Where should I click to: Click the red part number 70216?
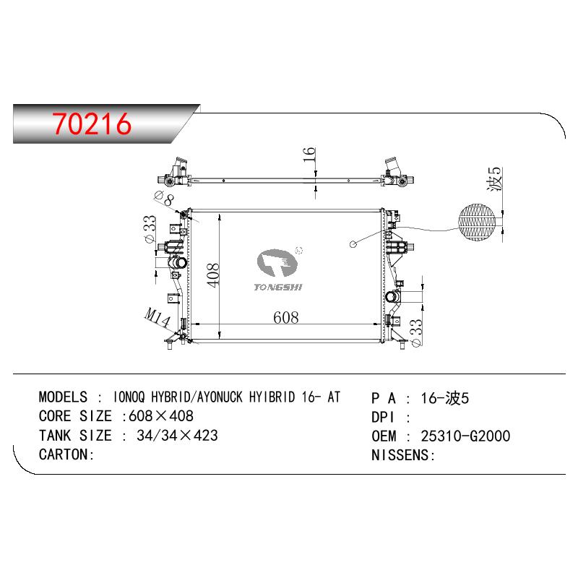click(92, 124)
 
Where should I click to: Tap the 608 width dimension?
click(285, 317)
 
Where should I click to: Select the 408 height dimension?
click(212, 275)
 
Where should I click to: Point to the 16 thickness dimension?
click(309, 154)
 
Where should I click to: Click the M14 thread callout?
click(158, 317)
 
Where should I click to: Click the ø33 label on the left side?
click(150, 229)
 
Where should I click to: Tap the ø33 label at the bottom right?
click(415, 332)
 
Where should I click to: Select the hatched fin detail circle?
click(477, 223)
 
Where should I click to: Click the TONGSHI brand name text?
click(278, 287)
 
